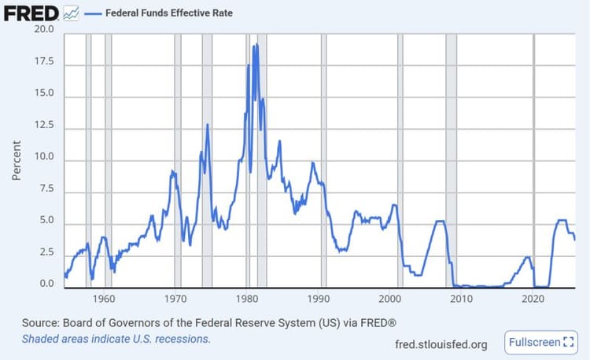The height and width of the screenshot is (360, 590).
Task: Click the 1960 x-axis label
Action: coord(104,299)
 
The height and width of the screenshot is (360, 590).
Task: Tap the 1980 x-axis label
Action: coord(247,299)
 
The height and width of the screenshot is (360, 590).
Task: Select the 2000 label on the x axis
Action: coord(390,299)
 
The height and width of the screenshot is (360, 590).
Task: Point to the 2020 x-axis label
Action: coord(533,299)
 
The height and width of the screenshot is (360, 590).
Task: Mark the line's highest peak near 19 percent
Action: coord(255,45)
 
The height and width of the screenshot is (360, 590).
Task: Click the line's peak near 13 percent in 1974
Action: coord(208,124)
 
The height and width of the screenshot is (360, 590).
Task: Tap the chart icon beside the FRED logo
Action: coord(71,13)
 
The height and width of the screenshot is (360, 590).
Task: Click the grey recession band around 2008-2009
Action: coord(451,157)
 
